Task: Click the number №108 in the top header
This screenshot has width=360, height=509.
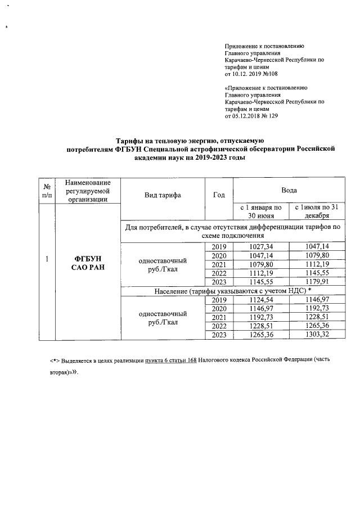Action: tap(268, 74)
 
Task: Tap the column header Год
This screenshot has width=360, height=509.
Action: tap(219, 195)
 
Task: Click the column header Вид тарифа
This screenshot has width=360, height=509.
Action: tap(163, 195)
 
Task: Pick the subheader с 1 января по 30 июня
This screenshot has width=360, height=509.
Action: tap(261, 211)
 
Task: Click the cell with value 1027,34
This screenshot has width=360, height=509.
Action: tap(261, 247)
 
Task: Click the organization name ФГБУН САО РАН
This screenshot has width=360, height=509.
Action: tap(87, 262)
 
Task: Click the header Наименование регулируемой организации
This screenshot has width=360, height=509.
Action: tap(88, 191)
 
